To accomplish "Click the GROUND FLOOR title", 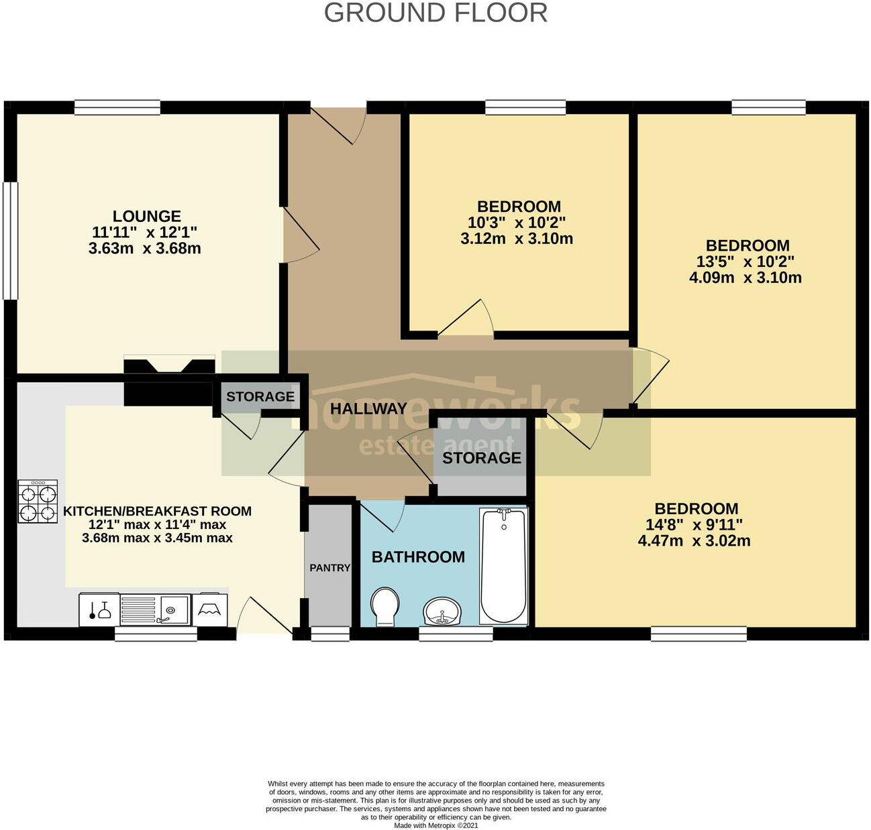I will coord(435,13).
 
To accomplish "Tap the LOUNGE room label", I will coord(146,216).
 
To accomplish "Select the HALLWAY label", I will coord(368,408).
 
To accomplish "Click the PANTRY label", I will coord(329,568).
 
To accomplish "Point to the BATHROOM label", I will coord(418,556).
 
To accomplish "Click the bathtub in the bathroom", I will coord(503,566).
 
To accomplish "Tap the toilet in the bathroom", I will coord(385,606).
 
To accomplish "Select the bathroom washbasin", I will coord(442,610).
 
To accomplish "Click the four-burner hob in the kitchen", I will coord(38,501).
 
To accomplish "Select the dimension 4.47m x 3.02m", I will coord(694,541).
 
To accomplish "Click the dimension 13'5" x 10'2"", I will coord(745,261).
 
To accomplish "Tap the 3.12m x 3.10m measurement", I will coord(517,239).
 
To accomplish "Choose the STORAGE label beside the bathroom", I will coord(481,458).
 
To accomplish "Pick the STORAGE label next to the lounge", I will coord(260,396).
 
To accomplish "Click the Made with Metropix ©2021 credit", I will coord(435,825).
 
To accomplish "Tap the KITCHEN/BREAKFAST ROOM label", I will coord(157,511).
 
